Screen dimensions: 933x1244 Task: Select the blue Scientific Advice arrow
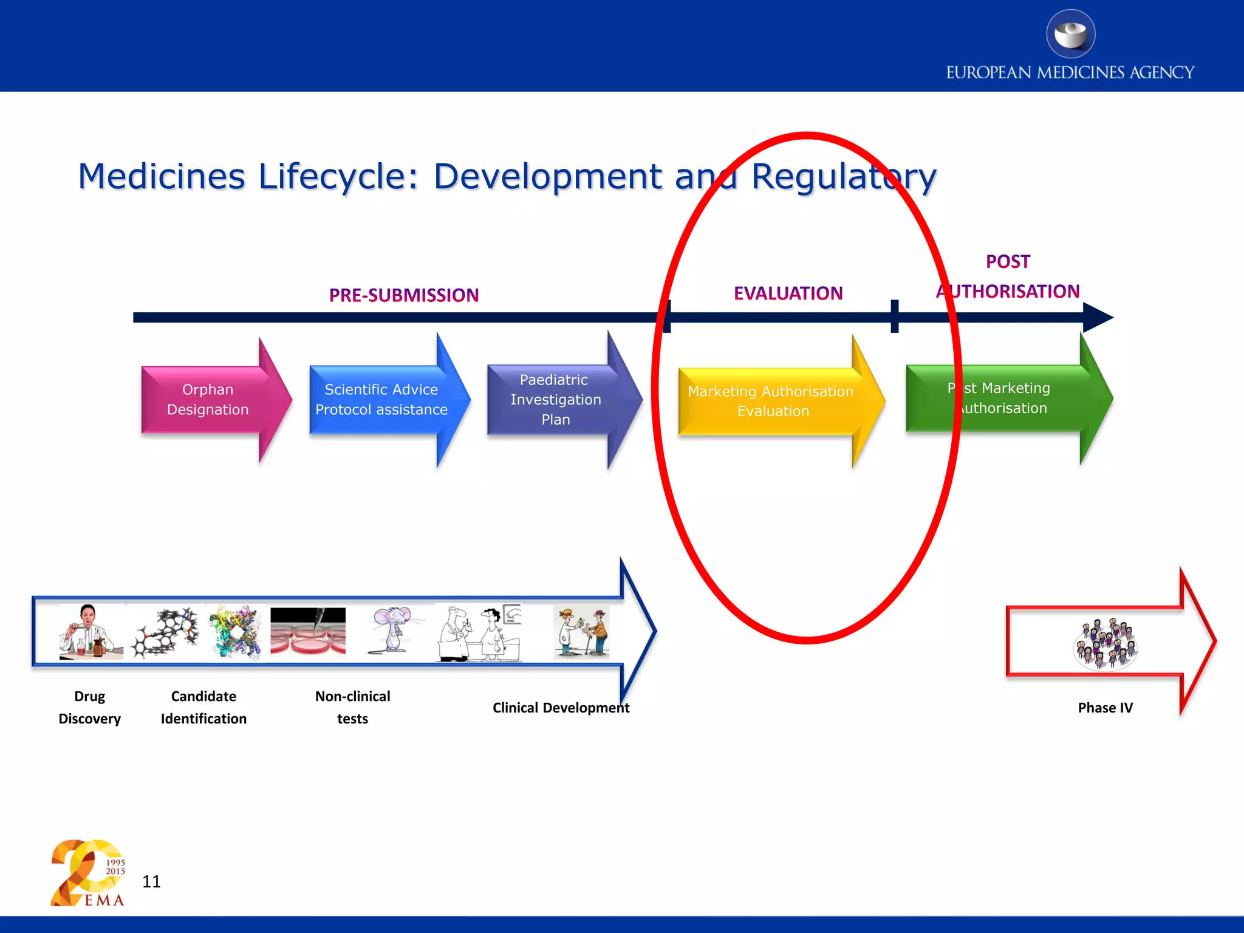[x=381, y=400]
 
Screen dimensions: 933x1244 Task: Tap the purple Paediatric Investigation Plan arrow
[x=555, y=400]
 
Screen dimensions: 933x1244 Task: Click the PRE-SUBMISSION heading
[x=404, y=295]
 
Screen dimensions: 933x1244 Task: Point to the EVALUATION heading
[x=788, y=293]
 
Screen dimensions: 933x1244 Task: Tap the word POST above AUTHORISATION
[x=1008, y=262]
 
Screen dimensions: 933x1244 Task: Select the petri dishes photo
[x=308, y=632]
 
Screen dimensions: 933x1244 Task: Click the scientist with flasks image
[x=91, y=632]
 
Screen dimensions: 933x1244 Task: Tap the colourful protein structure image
[x=235, y=632]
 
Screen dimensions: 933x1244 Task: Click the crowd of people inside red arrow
[x=1105, y=644]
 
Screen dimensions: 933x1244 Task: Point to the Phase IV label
[x=1105, y=708]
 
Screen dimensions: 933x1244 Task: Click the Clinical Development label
[x=561, y=708]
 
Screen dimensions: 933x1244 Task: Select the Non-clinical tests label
[x=352, y=707]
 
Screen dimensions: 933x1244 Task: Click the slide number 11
[x=151, y=881]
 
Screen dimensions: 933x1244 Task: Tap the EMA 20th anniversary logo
[x=88, y=873]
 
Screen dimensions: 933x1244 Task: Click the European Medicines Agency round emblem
[x=1071, y=34]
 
